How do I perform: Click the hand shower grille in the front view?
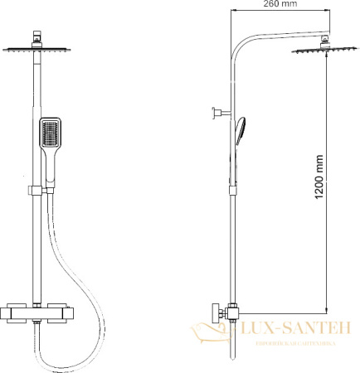[x=50, y=130]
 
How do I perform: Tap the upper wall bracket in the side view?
[x=220, y=110]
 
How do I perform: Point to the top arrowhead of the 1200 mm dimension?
[x=324, y=61]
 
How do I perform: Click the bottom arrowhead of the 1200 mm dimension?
[x=324, y=306]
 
